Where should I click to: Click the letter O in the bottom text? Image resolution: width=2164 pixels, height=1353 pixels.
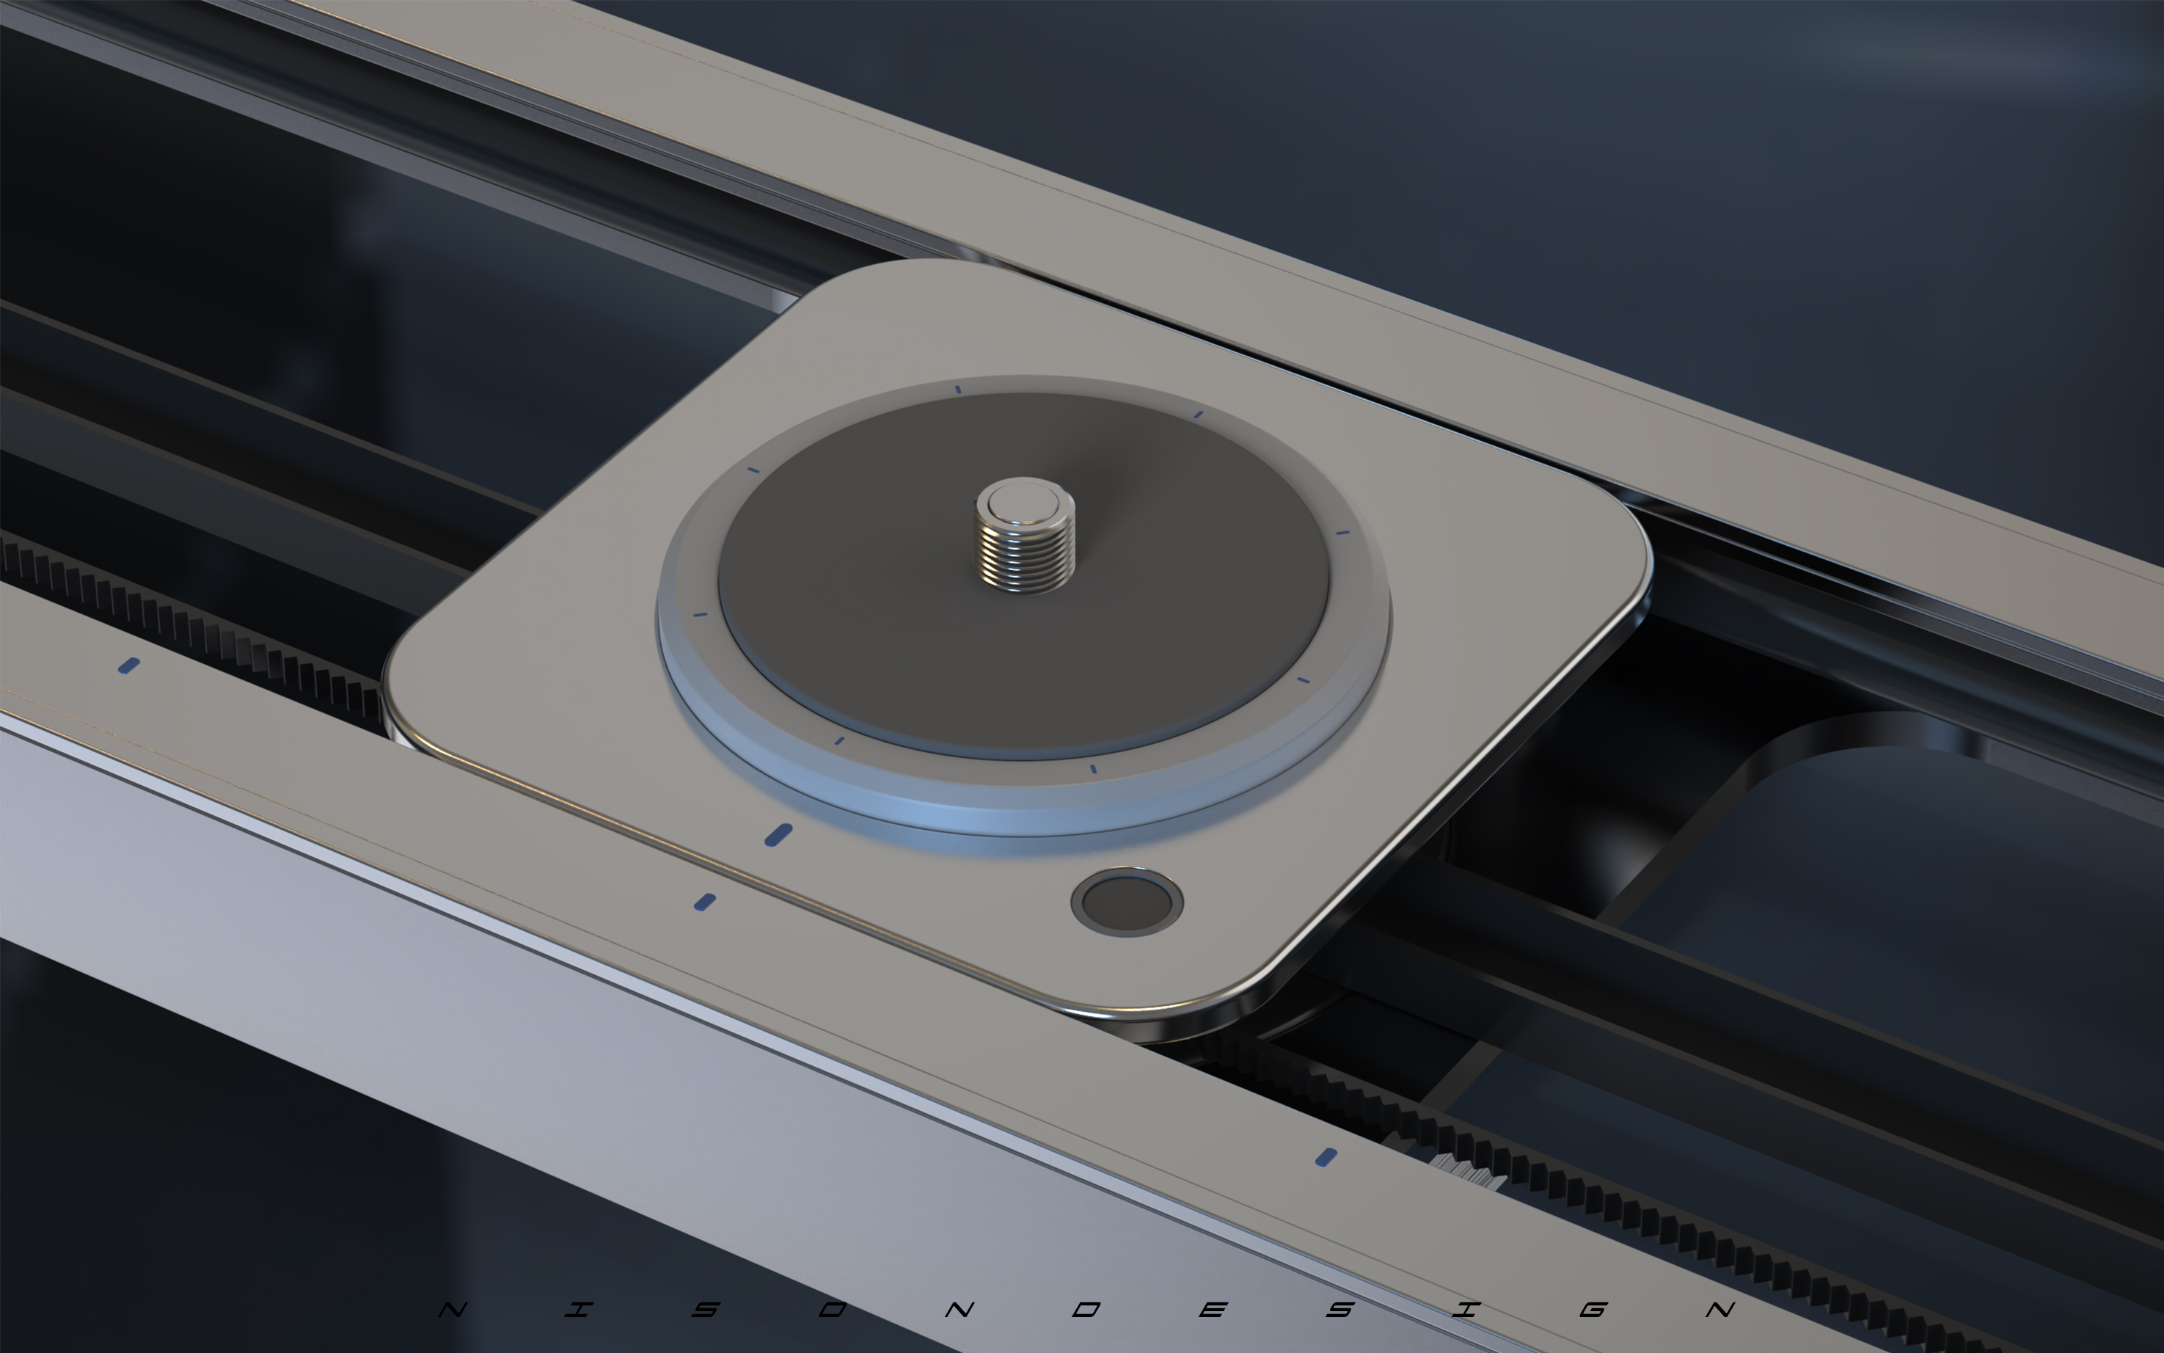[832, 1310]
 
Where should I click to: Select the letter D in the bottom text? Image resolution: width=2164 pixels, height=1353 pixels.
[1086, 1310]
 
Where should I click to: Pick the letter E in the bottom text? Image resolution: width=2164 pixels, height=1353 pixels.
[1213, 1310]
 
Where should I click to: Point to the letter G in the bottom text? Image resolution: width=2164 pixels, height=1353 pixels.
[1593, 1310]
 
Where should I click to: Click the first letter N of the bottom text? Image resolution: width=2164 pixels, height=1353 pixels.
[453, 1310]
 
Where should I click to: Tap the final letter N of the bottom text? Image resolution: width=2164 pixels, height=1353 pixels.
[1720, 1310]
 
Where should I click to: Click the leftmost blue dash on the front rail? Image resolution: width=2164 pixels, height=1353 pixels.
[129, 665]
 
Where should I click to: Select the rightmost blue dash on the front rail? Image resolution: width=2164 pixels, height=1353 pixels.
[1326, 1157]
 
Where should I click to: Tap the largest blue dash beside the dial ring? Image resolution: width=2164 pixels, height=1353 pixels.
[778, 835]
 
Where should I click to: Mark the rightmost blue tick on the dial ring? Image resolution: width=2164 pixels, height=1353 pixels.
[1342, 533]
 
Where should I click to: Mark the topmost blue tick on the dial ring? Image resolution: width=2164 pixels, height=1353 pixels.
[958, 390]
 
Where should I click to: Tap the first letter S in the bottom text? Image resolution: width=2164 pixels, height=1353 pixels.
[706, 1310]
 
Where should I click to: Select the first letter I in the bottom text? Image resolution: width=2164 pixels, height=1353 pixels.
[579, 1310]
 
